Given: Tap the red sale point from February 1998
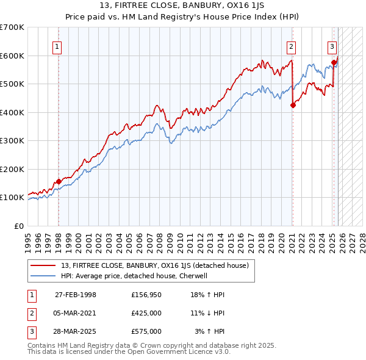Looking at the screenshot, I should click(59, 181).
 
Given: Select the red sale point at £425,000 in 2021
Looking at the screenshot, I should click(293, 105).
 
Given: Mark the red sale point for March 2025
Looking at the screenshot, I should click(334, 62).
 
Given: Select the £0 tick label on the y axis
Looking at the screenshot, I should click(18, 226).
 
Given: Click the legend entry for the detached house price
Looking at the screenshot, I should click(154, 265).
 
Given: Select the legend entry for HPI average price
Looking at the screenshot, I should click(134, 276).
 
